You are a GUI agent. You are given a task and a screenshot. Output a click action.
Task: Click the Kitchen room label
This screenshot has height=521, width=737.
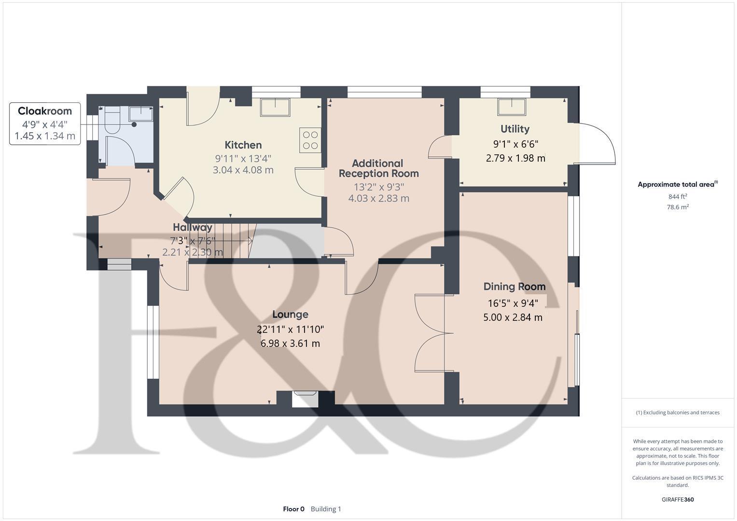click(243, 145)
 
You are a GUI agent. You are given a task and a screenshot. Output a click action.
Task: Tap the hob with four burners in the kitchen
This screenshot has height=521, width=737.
click(310, 140)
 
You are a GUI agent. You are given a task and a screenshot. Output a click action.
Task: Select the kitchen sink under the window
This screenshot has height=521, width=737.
click(275, 107)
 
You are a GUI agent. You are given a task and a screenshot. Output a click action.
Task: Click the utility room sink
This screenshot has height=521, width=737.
click(512, 107)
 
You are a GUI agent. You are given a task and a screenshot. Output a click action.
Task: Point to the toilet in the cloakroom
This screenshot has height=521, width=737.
click(112, 121)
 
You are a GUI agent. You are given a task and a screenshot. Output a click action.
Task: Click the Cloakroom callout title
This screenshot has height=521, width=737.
click(45, 111)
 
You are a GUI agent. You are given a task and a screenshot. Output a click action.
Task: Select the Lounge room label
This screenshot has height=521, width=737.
click(290, 315)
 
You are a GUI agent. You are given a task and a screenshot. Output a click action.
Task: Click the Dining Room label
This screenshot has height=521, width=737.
click(515, 287)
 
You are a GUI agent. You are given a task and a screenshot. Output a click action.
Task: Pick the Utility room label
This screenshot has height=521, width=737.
click(515, 129)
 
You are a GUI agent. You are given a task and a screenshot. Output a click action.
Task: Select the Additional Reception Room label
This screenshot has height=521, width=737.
click(378, 168)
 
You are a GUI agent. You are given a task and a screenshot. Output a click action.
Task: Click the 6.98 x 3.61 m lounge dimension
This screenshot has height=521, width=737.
click(290, 343)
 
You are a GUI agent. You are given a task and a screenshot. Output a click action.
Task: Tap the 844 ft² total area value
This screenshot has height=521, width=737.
click(678, 196)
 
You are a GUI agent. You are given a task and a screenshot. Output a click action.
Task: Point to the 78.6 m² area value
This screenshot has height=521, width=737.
click(678, 207)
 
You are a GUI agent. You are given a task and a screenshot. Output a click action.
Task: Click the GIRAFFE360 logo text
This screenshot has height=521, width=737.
click(678, 499)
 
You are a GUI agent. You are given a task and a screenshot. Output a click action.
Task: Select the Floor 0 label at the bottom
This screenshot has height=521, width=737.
click(293, 509)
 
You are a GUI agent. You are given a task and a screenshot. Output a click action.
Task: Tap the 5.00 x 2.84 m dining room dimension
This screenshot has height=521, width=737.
click(513, 317)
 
